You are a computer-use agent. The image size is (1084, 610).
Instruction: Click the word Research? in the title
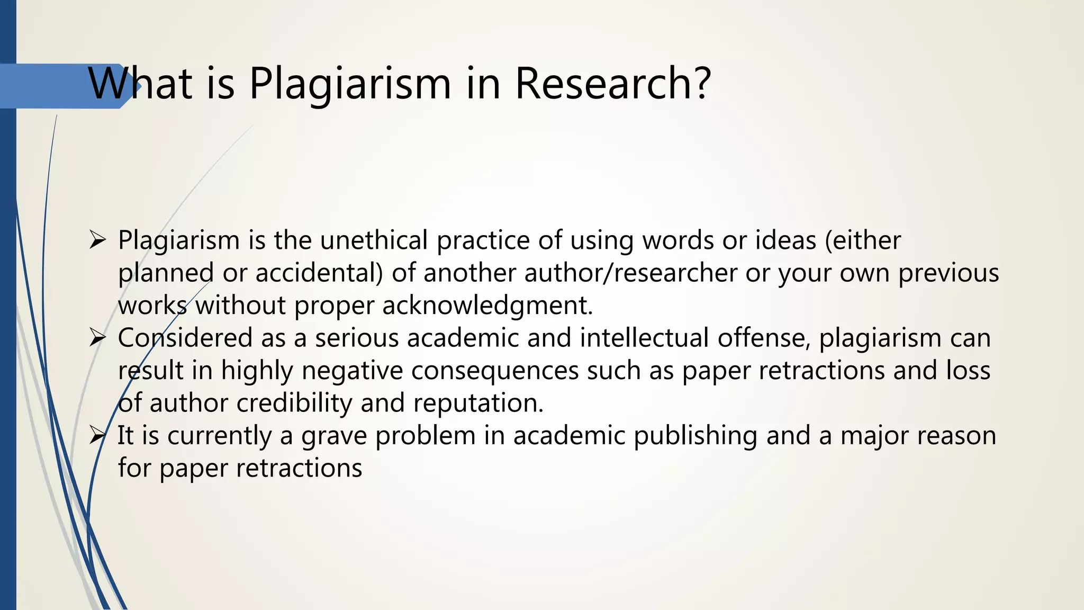(612, 83)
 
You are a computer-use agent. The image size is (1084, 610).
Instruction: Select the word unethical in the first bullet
(374, 240)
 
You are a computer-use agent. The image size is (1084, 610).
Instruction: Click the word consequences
(495, 371)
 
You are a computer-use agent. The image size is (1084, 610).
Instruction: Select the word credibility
(294, 403)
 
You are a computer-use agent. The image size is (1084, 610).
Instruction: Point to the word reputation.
(478, 403)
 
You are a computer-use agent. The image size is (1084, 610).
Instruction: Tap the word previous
(948, 273)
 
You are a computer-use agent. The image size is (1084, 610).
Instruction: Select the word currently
(220, 436)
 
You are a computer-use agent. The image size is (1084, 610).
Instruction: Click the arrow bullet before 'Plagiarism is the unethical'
(98, 240)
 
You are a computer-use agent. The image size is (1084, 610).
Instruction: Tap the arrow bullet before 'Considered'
(98, 338)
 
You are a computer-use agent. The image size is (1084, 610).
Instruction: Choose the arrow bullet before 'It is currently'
(98, 436)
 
